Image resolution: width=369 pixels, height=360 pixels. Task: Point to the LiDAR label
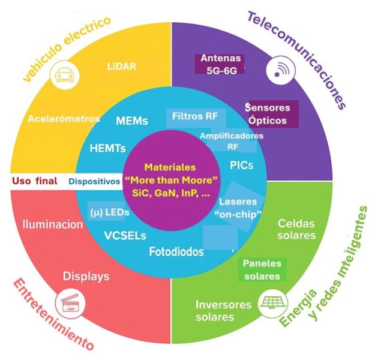(121, 66)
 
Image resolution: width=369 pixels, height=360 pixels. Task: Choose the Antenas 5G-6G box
(220, 64)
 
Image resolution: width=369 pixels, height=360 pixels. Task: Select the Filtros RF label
(194, 115)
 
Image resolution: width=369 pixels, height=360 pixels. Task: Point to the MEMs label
(132, 121)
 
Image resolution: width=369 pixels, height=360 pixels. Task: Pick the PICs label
(242, 164)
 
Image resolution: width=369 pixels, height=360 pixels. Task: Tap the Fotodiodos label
(176, 252)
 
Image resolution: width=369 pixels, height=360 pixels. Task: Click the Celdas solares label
(296, 229)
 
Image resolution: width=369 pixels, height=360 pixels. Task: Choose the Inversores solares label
(223, 310)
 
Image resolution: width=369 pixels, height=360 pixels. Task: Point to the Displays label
(87, 277)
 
